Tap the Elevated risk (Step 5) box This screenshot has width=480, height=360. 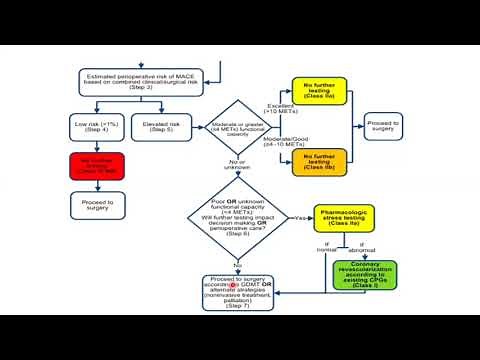coord(156,127)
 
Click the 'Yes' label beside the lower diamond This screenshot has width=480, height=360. coord(299,217)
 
